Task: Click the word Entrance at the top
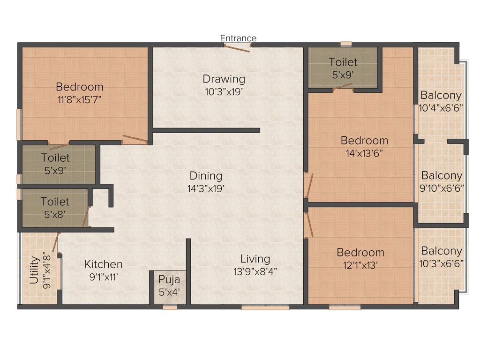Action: click(x=238, y=38)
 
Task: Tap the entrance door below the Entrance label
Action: click(x=237, y=47)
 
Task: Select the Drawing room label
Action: click(x=224, y=79)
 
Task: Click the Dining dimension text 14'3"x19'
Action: click(x=206, y=188)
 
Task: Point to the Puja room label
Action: click(x=169, y=280)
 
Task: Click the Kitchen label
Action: click(x=104, y=264)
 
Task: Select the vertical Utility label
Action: click(x=34, y=270)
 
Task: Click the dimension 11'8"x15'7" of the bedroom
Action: click(x=79, y=99)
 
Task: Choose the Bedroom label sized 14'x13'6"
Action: click(x=364, y=141)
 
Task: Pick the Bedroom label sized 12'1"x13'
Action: click(x=360, y=253)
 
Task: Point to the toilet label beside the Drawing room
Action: click(x=343, y=62)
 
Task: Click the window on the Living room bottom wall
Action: click(x=265, y=307)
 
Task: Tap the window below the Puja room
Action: click(x=170, y=307)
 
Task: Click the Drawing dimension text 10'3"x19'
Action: click(x=224, y=91)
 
